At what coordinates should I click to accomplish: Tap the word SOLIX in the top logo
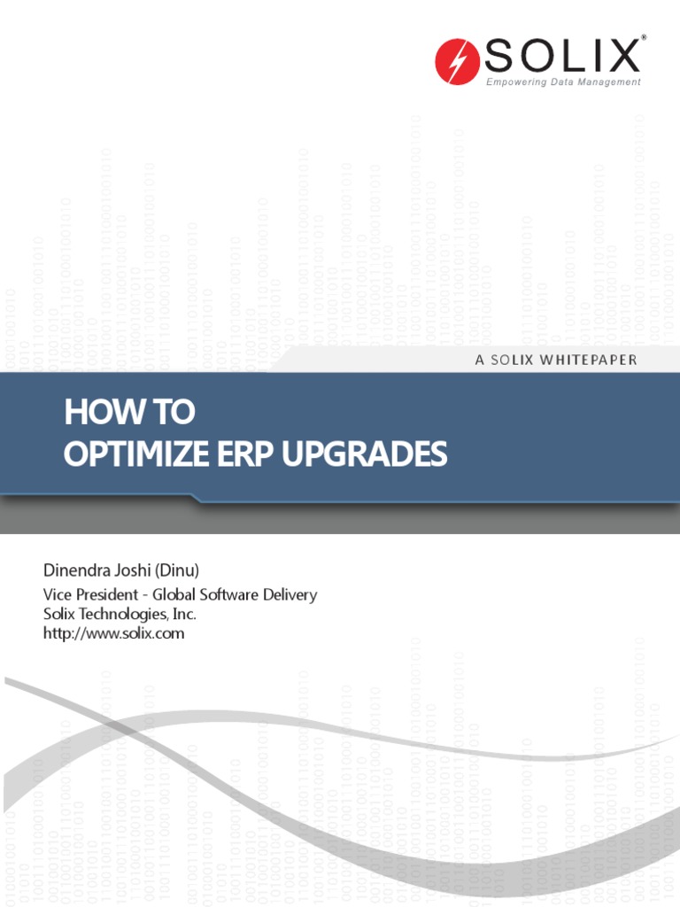(562, 57)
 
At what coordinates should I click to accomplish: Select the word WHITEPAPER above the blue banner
(588, 360)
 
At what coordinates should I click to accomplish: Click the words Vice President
(88, 594)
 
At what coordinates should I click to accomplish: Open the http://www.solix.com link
(113, 633)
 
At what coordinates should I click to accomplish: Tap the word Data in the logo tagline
(562, 82)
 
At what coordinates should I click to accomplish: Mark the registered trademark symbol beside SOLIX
(644, 37)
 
